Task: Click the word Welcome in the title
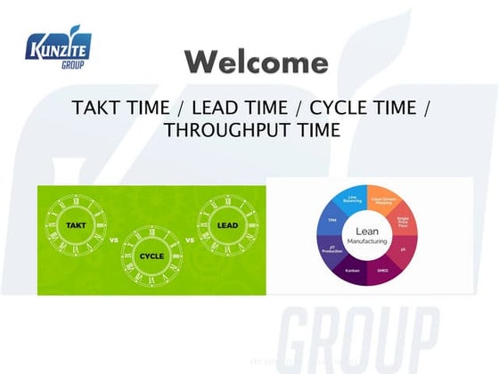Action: click(x=256, y=63)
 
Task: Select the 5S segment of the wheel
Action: click(x=405, y=253)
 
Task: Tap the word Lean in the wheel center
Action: click(x=366, y=232)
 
